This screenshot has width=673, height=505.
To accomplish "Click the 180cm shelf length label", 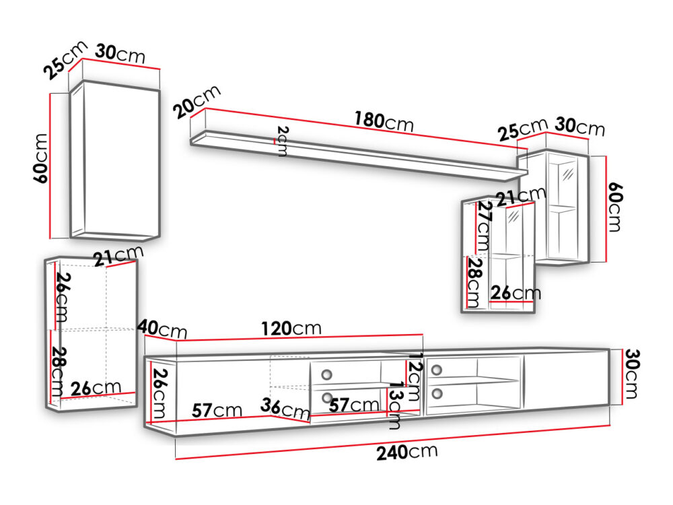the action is coord(384,121).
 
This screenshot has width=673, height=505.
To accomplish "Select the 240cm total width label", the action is coord(407,452).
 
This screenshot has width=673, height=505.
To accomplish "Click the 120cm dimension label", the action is coord(291,329).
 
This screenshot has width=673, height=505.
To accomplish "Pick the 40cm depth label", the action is coord(162,329).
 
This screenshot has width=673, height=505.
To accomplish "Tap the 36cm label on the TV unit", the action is coord(285,409).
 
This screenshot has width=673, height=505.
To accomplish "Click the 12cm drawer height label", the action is coord(414,376).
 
